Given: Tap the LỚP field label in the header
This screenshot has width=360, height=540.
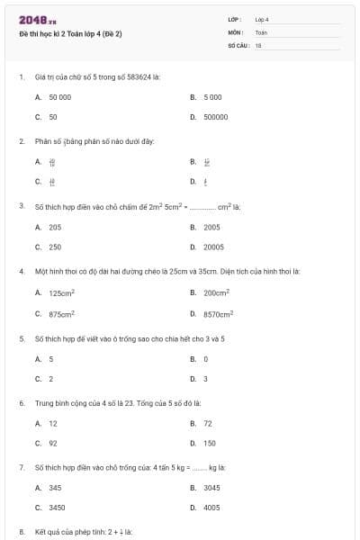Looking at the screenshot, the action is tap(234, 19).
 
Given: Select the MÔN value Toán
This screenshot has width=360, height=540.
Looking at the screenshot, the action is tap(261, 31).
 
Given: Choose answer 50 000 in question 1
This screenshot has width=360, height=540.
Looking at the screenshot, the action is tap(59, 96).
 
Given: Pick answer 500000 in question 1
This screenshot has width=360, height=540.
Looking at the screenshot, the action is tap(215, 117).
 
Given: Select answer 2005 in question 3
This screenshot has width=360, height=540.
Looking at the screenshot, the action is tap(212, 227).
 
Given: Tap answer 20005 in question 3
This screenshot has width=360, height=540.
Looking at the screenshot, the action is tap(213, 247).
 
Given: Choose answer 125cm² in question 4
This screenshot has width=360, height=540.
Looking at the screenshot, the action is tap(61, 292).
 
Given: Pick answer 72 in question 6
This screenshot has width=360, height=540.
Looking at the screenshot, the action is tap(208, 423).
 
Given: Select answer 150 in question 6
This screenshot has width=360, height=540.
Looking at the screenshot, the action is tap(210, 443).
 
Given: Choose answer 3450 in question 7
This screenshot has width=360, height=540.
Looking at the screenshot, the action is tap(57, 508).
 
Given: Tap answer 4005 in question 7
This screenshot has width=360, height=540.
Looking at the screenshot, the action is tap(212, 508).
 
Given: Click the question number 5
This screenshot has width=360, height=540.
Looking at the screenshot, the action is tap(22, 338).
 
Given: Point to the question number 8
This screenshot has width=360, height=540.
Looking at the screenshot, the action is tap(22, 532).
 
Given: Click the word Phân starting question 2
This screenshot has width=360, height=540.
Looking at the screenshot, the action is tap(43, 141).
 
